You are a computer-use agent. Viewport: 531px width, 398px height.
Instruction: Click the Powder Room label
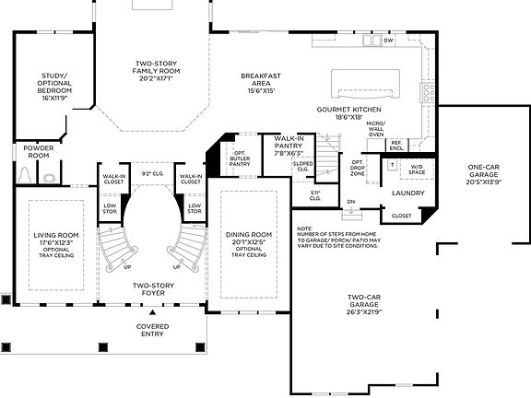point(38,152)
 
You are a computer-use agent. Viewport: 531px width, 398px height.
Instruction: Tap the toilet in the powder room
point(27,173)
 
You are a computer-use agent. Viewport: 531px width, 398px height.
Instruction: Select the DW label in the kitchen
point(388,41)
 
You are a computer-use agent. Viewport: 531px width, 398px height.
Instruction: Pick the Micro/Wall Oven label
point(375,128)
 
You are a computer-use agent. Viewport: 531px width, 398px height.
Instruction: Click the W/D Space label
point(417,169)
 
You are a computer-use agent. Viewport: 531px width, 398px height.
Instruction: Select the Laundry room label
point(407,193)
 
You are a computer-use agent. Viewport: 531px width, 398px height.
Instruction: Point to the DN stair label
point(350,201)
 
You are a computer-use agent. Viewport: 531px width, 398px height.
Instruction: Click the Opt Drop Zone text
point(357,168)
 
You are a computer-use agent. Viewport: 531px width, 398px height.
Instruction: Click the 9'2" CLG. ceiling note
point(152,172)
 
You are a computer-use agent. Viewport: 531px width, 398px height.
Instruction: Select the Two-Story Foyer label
point(153,289)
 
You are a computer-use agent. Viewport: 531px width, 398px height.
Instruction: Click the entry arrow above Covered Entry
point(153,312)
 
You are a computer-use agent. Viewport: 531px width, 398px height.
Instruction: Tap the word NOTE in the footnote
point(305,228)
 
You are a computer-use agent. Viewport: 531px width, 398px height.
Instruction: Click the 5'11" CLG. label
point(314,194)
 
